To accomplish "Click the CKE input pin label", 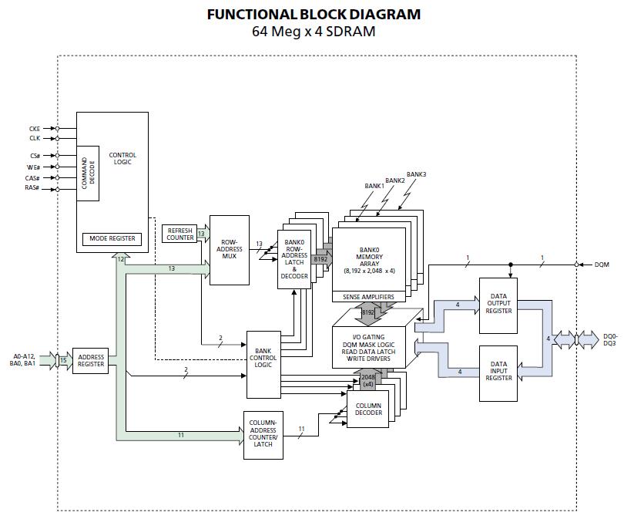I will (x=34, y=129).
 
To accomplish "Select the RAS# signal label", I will (x=32, y=187).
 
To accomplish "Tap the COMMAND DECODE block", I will (x=87, y=173).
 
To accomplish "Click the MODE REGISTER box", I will (x=112, y=238).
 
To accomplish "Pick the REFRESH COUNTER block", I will (x=179, y=234).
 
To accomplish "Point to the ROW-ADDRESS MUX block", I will (x=229, y=249).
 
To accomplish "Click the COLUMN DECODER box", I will (x=368, y=409).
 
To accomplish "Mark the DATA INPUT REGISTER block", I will (x=498, y=372).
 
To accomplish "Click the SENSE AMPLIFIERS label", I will (x=368, y=297).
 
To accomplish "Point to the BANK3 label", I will (x=417, y=174).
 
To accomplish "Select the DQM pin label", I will (x=602, y=265).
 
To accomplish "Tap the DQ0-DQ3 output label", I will (x=610, y=339).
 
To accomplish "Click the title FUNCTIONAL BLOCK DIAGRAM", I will (x=314, y=14).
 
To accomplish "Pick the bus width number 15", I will (x=63, y=358).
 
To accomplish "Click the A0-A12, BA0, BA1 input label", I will (x=25, y=359).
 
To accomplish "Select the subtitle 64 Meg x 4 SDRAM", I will (x=314, y=32).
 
